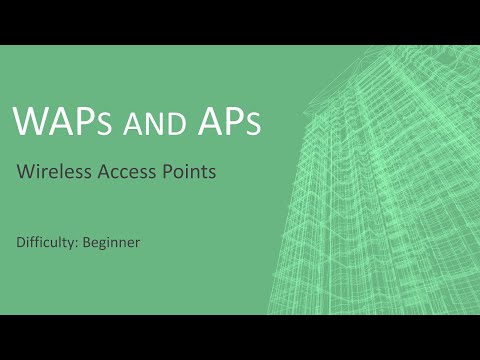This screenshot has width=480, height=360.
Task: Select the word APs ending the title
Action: pyautogui.click(x=226, y=121)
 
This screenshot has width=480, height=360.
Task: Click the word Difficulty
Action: pyautogui.click(x=48, y=242)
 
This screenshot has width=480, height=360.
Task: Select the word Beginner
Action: pyautogui.click(x=112, y=242)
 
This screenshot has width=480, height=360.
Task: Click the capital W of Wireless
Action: pyautogui.click(x=24, y=171)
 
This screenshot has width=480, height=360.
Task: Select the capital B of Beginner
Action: pyautogui.click(x=88, y=242)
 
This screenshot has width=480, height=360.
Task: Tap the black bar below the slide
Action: pyautogui.click(x=240, y=337)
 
